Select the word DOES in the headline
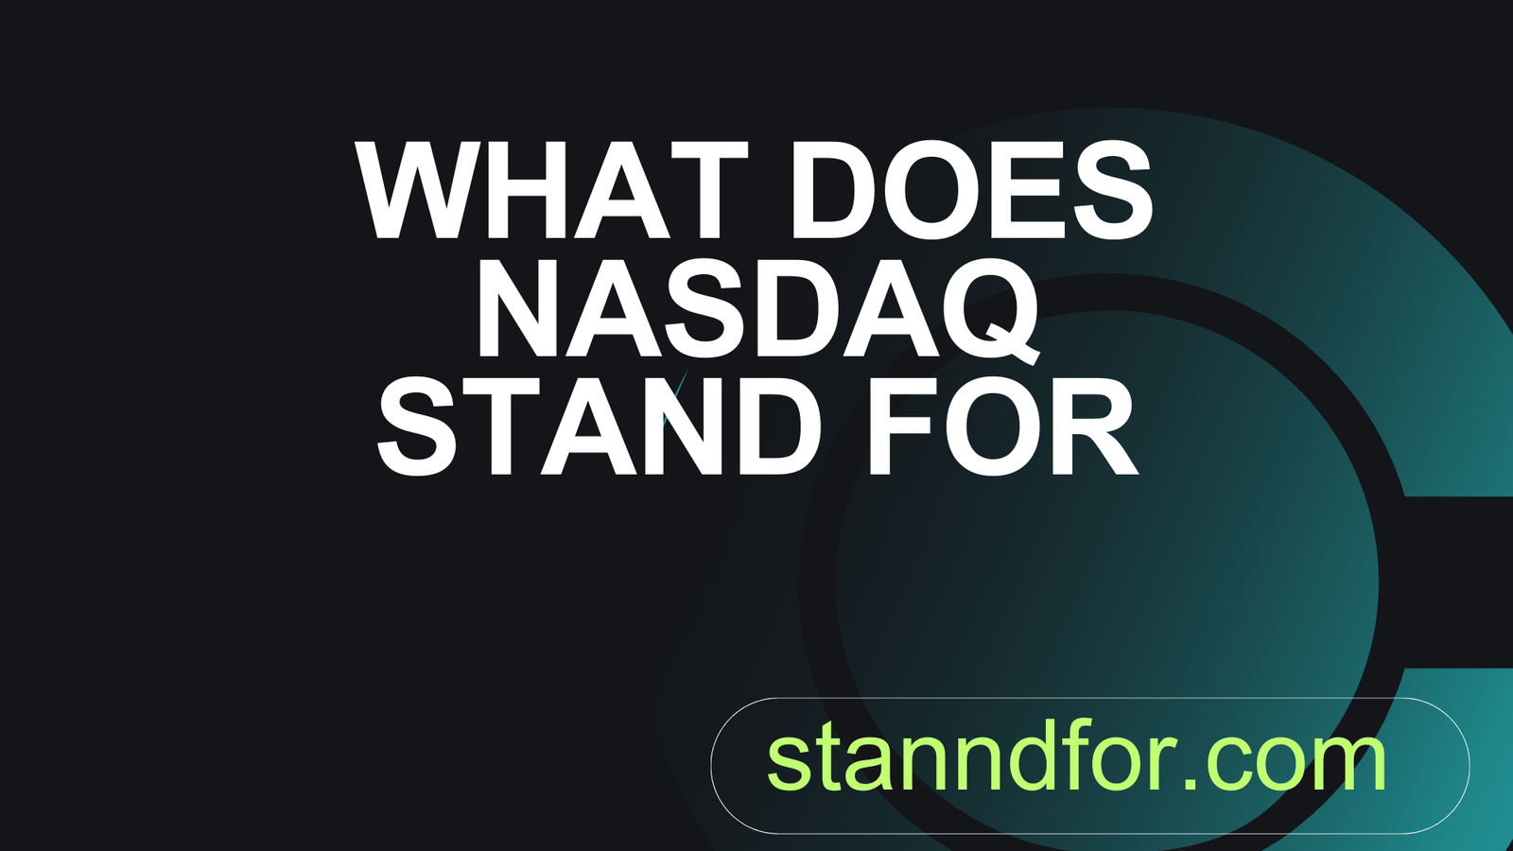971,190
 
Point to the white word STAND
600,425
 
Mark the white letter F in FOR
902,425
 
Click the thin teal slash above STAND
675,397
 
